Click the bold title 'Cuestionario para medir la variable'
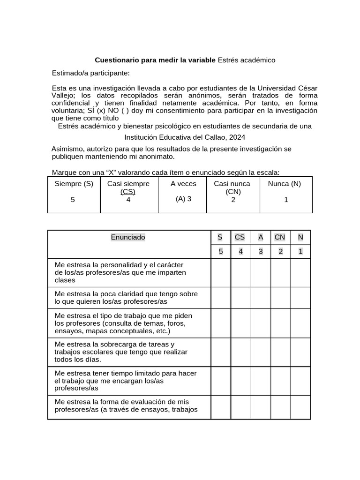coord(155,60)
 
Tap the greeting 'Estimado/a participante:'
coord(90,73)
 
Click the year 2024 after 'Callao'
coord(236,137)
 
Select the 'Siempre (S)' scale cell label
coord(74,184)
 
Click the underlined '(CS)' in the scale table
coord(128,192)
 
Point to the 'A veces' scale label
coord(183,184)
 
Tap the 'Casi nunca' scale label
coord(232,184)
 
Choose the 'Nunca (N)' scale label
coord(285,184)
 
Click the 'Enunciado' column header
coord(128,237)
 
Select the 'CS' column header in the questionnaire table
coord(240,237)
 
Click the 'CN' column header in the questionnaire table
coord(280,237)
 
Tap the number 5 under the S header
coord(220,252)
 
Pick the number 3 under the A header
coord(261,252)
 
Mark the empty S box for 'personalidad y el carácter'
coord(220,273)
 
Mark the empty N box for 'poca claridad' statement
coord(300,298)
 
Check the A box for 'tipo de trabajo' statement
coord(261,323)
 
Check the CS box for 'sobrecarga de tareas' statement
coord(240,352)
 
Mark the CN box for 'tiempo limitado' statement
coord(280,381)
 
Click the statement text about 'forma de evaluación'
coord(126,405)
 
